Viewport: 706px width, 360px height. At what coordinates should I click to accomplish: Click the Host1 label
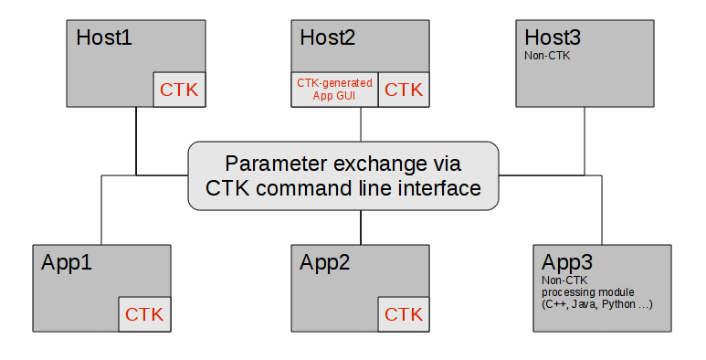pos(105,38)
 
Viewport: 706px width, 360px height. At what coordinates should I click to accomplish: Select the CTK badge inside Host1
pos(179,89)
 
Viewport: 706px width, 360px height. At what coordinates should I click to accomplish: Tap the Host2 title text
pos(328,38)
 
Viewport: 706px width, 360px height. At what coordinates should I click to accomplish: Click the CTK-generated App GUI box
pos(334,89)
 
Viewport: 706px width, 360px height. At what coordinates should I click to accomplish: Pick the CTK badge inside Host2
pos(404,89)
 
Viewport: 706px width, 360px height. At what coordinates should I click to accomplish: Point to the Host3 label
pos(553,38)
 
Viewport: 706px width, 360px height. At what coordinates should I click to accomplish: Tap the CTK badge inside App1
pos(144,314)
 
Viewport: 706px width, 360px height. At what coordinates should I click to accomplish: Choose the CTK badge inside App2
pos(404,314)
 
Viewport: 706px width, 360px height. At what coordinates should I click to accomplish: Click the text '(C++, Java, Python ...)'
pos(596,302)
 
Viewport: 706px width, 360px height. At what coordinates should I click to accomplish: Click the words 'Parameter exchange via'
pos(343,164)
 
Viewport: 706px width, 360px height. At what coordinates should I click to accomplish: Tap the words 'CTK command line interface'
pos(343,189)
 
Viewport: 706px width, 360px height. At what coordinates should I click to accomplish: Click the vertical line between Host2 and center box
pos(361,124)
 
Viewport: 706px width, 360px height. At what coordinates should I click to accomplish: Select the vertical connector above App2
pos(361,227)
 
